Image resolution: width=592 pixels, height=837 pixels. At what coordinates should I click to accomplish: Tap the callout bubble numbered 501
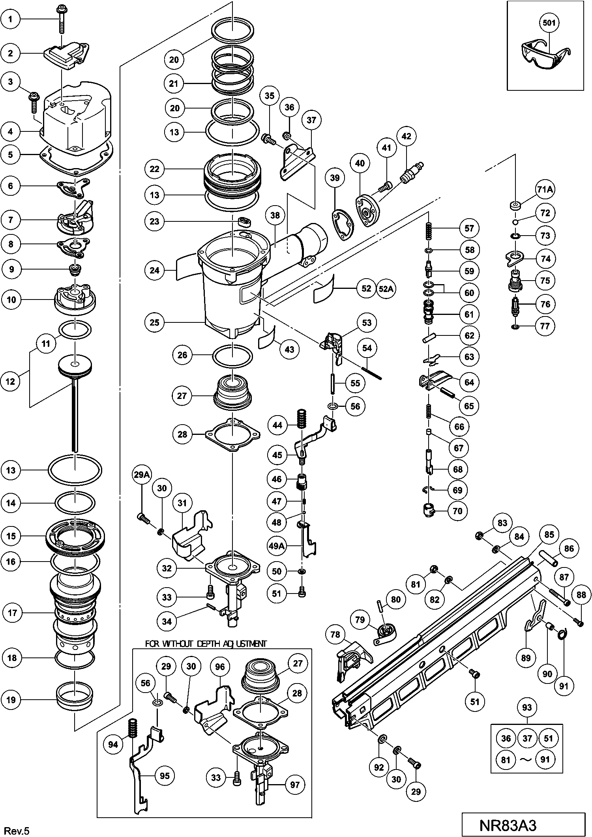point(549,23)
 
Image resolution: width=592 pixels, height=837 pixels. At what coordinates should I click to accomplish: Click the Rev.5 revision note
point(18,828)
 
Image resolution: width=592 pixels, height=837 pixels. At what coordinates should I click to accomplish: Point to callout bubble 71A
point(545,190)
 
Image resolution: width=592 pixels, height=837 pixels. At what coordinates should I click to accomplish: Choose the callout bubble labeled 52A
point(386,288)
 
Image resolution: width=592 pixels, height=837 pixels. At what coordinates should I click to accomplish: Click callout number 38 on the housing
point(275,215)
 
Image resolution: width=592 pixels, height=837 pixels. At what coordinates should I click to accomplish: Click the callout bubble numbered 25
point(154,322)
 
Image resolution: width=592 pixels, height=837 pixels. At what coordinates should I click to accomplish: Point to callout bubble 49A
point(277,546)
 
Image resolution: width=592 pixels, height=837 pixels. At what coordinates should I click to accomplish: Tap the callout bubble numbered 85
point(549,535)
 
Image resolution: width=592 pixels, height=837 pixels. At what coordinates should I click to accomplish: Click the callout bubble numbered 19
point(11,700)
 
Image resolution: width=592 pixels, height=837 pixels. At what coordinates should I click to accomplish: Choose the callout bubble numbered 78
point(335,635)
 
